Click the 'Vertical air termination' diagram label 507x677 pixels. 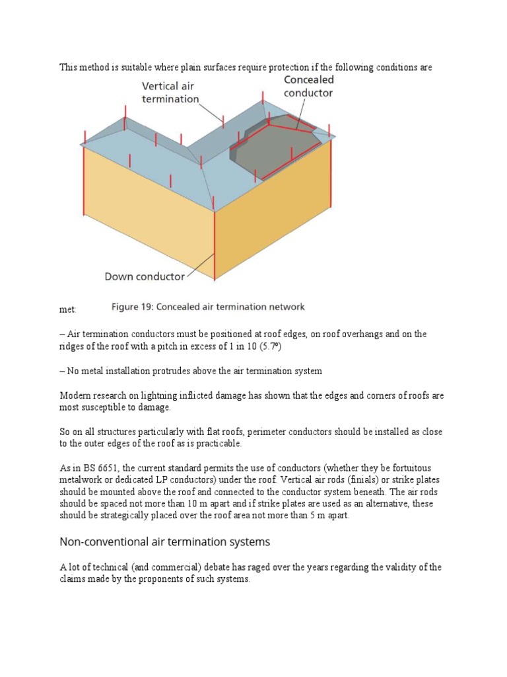pyautogui.click(x=170, y=93)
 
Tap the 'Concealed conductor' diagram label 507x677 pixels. pyautogui.click(x=308, y=86)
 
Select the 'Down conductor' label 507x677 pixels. pyautogui.click(x=145, y=276)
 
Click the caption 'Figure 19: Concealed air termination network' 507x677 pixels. pyautogui.click(x=207, y=307)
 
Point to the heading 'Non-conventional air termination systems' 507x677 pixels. pyautogui.click(x=165, y=541)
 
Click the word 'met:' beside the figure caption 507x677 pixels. pyautogui.click(x=68, y=309)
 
